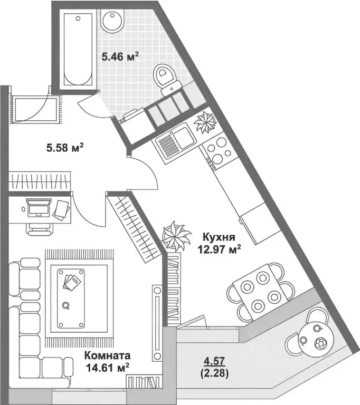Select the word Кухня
click(213, 237)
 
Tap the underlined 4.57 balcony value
click(214, 362)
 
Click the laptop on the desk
click(38, 208)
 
